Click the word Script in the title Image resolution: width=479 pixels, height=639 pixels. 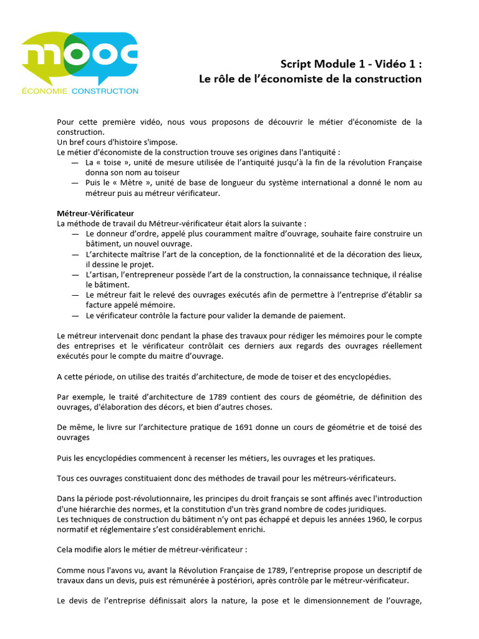pyautogui.click(x=294, y=64)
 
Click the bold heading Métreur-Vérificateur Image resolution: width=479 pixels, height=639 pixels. pyautogui.click(x=95, y=213)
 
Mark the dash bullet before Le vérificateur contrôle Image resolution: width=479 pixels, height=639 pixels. pyautogui.click(x=75, y=315)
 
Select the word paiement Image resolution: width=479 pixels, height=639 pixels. pyautogui.click(x=326, y=315)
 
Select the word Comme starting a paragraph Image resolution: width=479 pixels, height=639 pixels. pyautogui.click(x=70, y=570)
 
